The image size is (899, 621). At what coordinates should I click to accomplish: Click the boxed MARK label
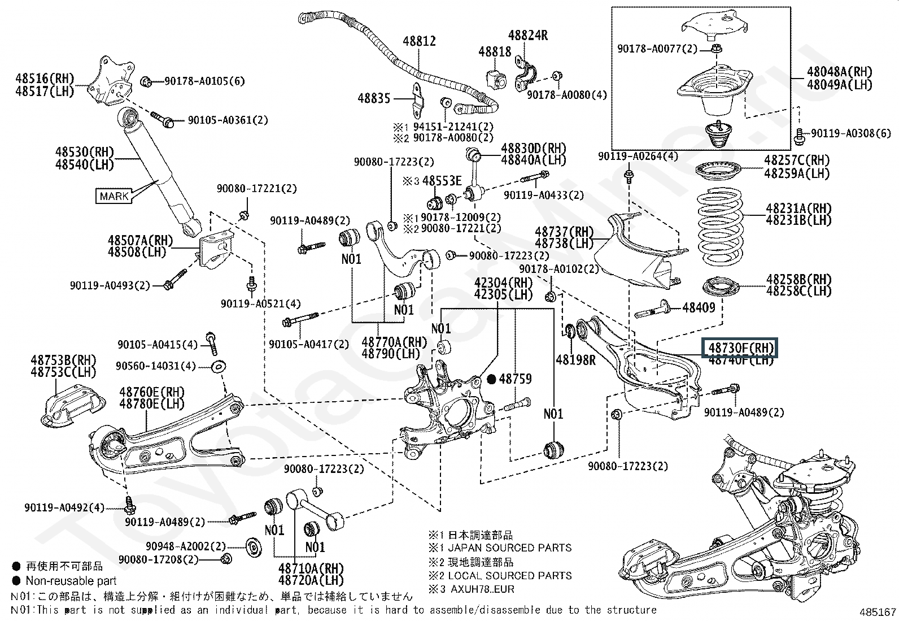tap(114, 196)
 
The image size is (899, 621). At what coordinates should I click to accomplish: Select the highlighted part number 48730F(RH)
tap(740, 347)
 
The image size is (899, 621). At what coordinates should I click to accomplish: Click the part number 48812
tap(419, 41)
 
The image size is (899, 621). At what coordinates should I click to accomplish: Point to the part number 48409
tap(699, 307)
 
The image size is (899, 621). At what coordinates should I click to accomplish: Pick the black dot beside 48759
tap(491, 379)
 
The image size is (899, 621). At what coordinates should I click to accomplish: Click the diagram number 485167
tap(878, 612)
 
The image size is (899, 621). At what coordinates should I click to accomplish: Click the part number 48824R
tap(527, 35)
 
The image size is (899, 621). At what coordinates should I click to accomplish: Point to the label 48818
tap(495, 51)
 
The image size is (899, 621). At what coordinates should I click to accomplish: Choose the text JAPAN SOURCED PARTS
tap(509, 548)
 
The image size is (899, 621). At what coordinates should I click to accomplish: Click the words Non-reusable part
tap(71, 580)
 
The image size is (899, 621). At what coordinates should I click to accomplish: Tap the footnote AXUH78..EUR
tap(483, 589)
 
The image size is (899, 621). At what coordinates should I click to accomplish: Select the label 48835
tap(374, 98)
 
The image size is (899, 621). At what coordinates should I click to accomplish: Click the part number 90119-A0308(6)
tap(850, 133)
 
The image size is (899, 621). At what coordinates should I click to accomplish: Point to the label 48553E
tap(442, 181)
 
